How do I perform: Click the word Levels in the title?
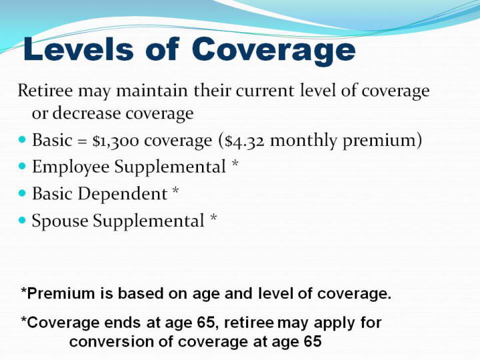pyautogui.click(x=79, y=49)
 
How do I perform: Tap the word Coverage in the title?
pyautogui.click(x=274, y=51)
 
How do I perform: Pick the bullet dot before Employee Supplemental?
pyautogui.click(x=23, y=166)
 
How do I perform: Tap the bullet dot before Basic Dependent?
pyautogui.click(x=23, y=193)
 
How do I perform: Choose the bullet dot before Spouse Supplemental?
pyautogui.click(x=23, y=220)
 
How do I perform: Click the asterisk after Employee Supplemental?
pyautogui.click(x=235, y=163)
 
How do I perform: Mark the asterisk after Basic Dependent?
pyautogui.click(x=175, y=189)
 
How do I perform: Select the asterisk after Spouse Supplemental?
pyautogui.click(x=213, y=217)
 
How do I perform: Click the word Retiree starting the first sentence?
pyautogui.click(x=45, y=91)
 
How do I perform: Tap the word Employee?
pyautogui.click(x=71, y=167)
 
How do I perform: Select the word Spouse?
pyautogui.click(x=60, y=221)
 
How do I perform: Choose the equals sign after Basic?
pyautogui.click(x=82, y=141)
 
